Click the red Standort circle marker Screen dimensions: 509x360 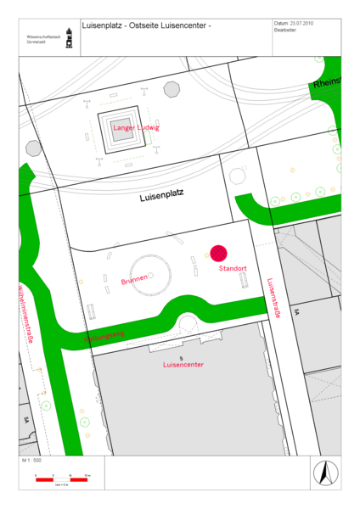[219, 253]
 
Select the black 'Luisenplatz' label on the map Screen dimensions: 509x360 [161, 196]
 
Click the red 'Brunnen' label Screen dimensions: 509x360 [134, 279]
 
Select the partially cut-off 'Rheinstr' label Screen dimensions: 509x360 [327, 83]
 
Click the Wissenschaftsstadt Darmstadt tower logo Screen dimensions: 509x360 [68, 40]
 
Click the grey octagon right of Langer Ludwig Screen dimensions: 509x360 [172, 88]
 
